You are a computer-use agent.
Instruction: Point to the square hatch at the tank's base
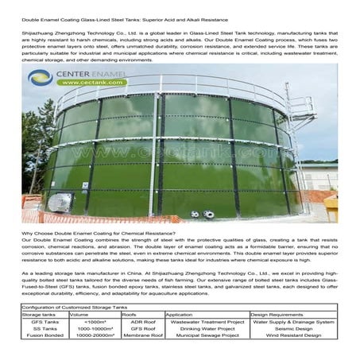click(56, 203)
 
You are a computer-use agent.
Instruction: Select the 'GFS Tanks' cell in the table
click(38, 321)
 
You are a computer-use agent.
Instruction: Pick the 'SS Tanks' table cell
click(38, 328)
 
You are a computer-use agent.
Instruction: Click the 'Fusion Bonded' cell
click(38, 335)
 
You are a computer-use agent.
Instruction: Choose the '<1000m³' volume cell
click(95, 321)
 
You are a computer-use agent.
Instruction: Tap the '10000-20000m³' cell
click(95, 335)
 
